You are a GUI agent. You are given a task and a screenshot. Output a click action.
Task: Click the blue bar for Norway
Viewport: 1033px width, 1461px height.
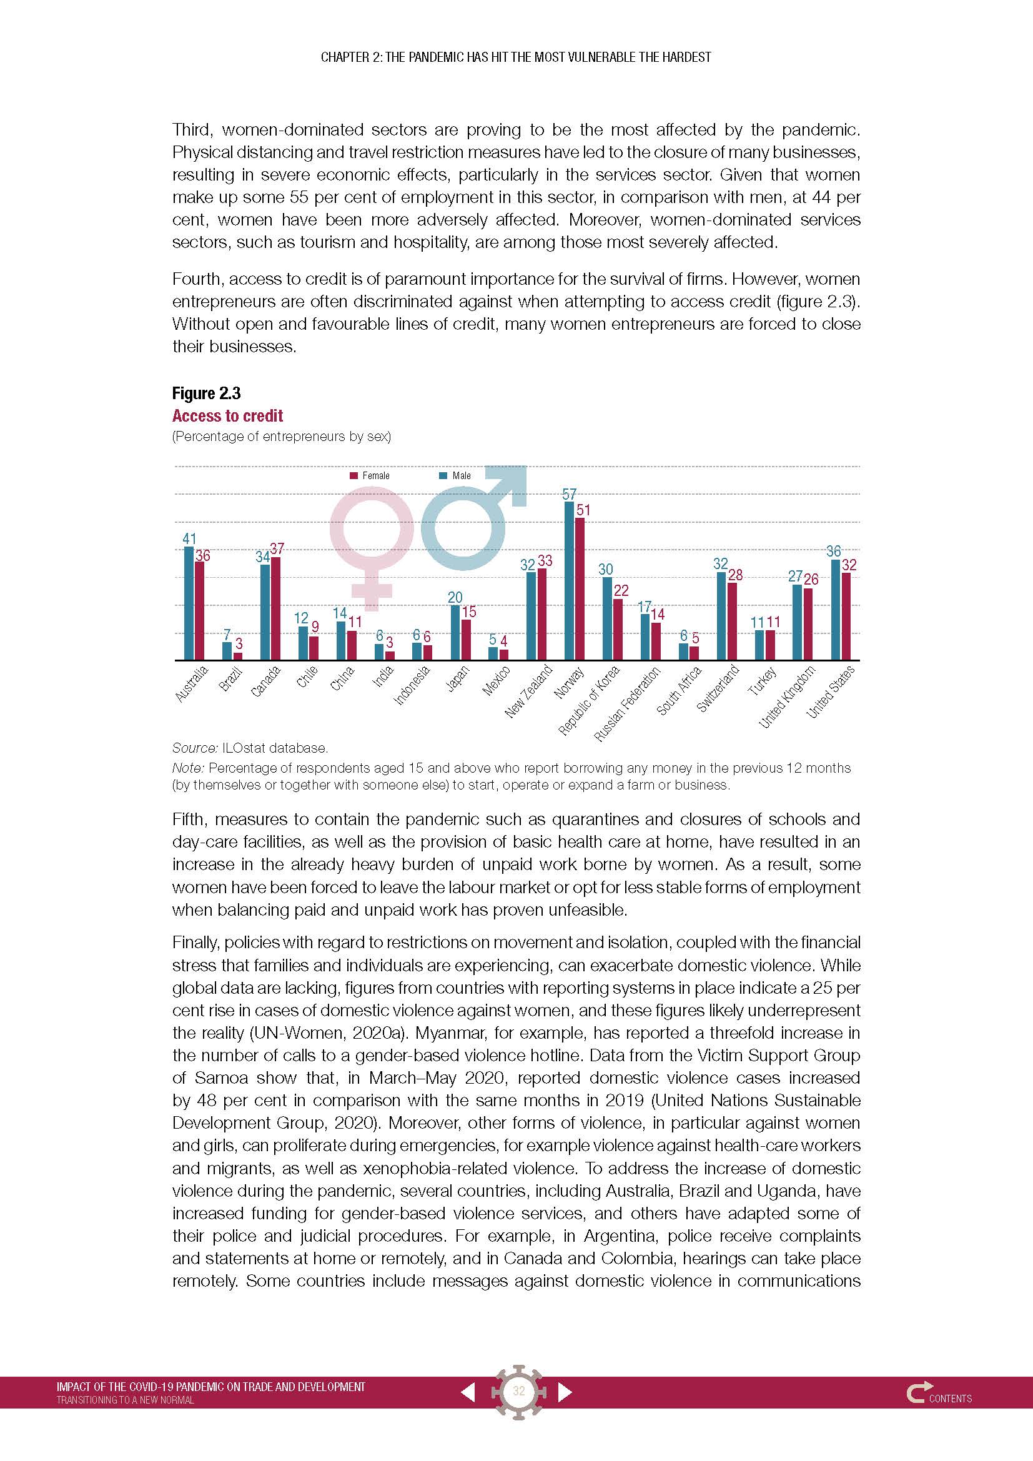pos(570,580)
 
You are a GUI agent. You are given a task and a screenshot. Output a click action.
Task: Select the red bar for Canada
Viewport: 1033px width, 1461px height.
pos(275,608)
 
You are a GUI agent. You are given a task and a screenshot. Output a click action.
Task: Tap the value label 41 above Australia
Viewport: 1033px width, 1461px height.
pos(189,538)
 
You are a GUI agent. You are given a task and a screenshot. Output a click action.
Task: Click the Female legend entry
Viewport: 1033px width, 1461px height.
pos(370,475)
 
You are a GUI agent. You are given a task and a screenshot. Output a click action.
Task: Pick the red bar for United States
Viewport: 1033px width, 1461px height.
pos(846,616)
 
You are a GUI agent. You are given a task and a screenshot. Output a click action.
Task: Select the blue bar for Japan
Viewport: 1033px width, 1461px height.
pos(455,632)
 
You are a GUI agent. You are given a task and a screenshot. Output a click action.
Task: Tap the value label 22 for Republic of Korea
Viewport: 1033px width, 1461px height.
pos(621,590)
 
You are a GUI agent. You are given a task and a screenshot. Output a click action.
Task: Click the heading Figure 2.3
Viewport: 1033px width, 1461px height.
pos(206,394)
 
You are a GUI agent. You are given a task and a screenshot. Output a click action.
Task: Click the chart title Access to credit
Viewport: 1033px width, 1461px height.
pos(227,415)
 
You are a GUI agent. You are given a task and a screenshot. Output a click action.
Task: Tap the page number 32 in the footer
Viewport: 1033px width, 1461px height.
pos(518,1391)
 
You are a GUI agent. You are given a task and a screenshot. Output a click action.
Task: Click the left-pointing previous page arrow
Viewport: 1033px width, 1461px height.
pos(468,1392)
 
